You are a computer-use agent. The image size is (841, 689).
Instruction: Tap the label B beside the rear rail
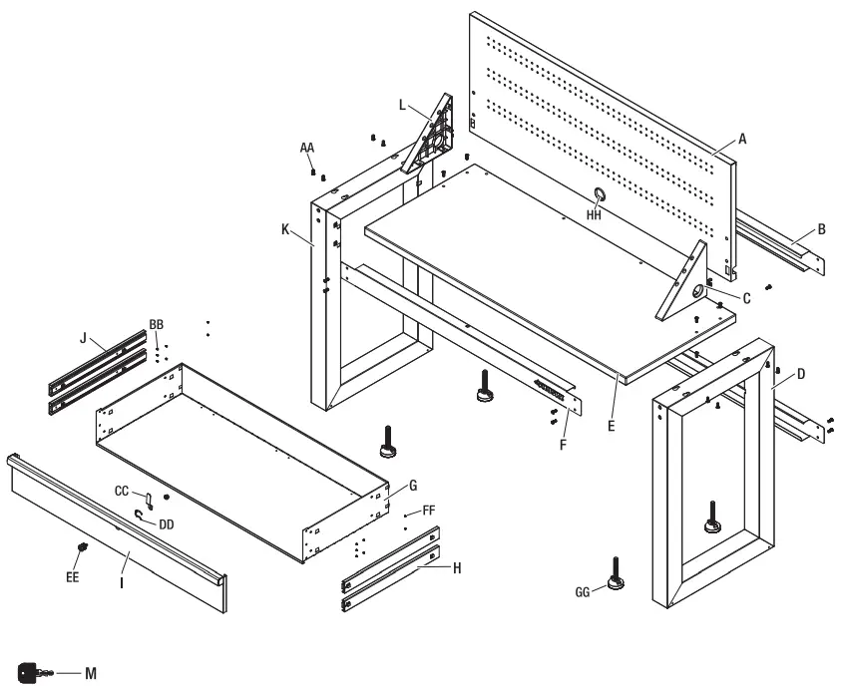click(821, 229)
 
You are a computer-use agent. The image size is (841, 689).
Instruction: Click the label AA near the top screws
click(308, 147)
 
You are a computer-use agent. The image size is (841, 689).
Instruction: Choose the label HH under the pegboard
click(594, 213)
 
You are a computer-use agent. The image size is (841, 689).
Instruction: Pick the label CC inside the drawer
click(123, 492)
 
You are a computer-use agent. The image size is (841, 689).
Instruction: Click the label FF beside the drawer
click(429, 510)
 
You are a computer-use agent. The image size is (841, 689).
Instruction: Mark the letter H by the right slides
click(458, 567)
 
